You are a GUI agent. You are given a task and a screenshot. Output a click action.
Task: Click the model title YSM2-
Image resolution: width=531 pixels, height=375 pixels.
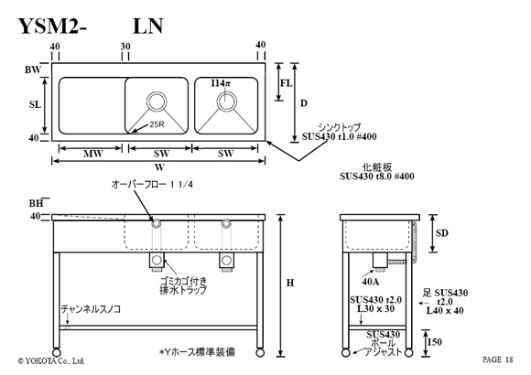52,26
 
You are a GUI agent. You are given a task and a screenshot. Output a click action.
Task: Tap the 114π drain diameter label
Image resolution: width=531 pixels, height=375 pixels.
221,83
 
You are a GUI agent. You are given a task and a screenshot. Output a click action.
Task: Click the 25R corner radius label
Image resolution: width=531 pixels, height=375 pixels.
157,124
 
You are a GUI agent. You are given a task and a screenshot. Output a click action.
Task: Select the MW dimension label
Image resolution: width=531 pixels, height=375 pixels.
93,155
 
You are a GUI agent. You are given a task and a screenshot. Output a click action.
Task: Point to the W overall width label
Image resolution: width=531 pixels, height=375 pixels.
159,167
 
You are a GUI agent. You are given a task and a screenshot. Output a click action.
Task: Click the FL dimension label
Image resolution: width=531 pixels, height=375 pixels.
287,83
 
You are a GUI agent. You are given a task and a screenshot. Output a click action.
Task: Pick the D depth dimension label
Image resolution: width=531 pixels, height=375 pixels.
304,103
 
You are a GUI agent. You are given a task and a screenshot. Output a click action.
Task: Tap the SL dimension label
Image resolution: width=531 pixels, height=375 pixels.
35,104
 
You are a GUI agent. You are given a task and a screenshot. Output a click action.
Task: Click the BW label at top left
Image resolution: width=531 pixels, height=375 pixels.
33,70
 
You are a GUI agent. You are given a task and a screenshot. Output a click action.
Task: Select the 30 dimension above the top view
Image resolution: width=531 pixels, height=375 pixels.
125,47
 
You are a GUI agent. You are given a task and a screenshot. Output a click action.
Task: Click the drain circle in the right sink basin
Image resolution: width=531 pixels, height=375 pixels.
226,101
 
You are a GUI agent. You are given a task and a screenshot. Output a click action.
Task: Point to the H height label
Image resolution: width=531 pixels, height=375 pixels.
290,283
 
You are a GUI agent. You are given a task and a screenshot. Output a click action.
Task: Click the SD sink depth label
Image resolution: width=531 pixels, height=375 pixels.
441,233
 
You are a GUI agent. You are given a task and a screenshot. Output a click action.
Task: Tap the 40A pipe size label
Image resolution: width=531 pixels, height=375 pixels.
371,282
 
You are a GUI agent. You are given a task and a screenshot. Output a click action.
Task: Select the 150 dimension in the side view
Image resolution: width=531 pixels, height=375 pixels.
434,342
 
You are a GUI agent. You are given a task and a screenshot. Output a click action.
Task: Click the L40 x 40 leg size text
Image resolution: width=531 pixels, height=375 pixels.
445,310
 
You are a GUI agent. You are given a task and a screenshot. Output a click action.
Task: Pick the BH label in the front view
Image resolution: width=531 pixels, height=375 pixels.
36,203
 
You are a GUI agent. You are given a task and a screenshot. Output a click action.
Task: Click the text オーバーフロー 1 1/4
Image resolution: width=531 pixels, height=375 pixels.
152,185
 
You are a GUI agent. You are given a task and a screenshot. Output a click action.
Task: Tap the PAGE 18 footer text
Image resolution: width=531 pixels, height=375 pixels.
497,359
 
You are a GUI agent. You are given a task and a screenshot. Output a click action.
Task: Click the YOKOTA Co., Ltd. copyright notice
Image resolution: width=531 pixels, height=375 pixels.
51,361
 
